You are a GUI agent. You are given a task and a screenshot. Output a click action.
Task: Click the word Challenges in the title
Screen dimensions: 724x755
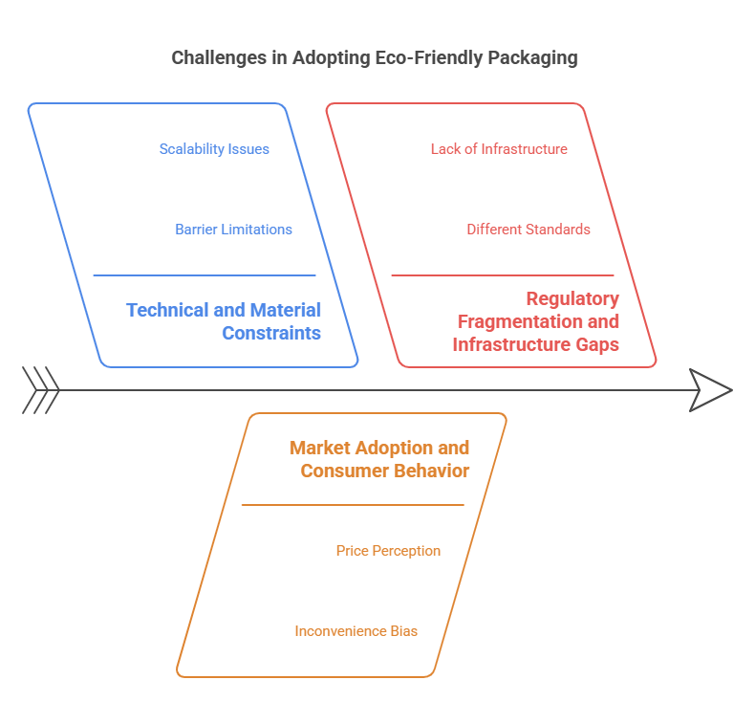(x=218, y=57)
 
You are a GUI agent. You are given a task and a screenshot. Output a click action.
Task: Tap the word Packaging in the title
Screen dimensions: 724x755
(x=532, y=57)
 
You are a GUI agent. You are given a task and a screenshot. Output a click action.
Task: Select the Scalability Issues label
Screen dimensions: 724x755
(x=214, y=149)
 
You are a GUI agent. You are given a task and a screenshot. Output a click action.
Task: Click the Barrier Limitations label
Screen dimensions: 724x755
(x=233, y=230)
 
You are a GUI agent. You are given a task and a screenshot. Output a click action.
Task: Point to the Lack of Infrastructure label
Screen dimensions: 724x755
(x=499, y=149)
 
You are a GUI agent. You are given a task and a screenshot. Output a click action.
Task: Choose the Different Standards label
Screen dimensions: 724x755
(x=528, y=230)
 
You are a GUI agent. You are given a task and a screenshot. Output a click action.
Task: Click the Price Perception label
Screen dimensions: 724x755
(x=388, y=551)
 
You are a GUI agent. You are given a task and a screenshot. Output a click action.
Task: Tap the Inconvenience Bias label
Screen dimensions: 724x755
(x=356, y=631)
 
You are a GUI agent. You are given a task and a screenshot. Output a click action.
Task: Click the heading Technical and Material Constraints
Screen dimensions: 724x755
(x=224, y=321)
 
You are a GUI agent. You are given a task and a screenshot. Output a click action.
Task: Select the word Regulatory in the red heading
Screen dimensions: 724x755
(x=573, y=298)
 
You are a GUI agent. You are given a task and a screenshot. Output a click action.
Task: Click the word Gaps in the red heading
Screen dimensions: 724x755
(x=594, y=344)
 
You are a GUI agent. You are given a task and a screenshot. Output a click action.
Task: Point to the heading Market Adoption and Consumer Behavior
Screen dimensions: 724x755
(x=379, y=459)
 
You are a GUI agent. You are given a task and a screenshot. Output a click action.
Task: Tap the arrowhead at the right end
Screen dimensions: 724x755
(x=711, y=390)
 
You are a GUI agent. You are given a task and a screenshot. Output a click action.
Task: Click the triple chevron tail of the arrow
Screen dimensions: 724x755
(x=40, y=390)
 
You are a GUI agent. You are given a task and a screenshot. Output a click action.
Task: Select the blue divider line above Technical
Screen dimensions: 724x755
(x=205, y=275)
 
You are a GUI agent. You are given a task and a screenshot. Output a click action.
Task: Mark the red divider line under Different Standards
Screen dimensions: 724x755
(x=503, y=275)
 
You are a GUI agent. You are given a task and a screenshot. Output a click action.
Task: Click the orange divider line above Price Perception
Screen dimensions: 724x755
(x=353, y=505)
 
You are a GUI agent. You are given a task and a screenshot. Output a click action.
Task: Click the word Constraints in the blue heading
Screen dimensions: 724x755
(x=271, y=334)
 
